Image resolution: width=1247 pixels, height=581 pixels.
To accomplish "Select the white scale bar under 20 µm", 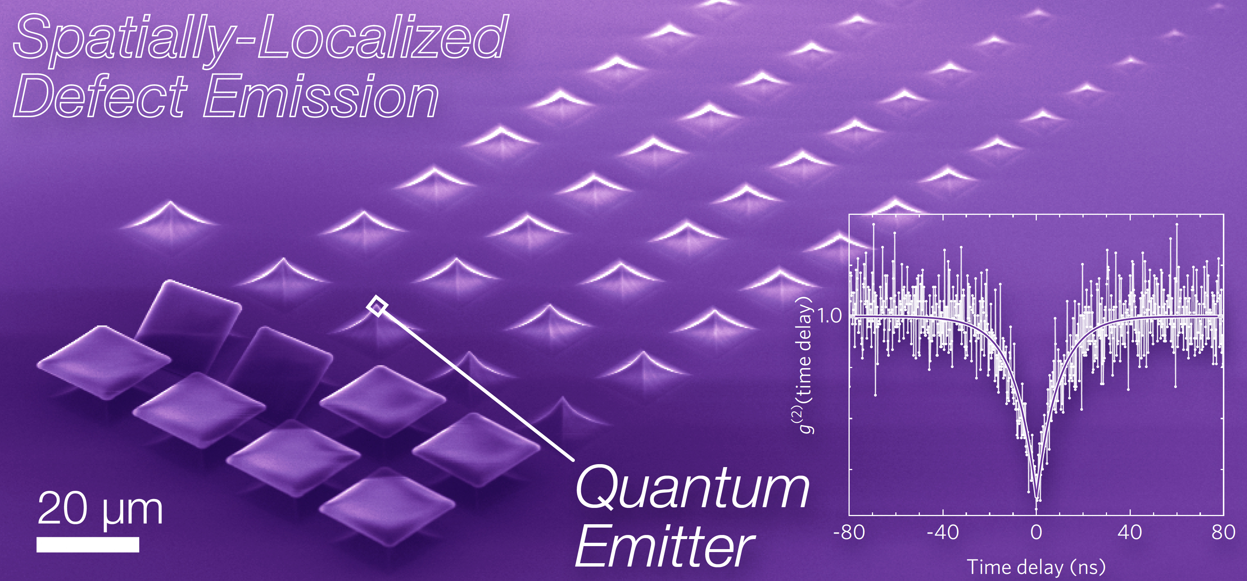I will click(x=88, y=544).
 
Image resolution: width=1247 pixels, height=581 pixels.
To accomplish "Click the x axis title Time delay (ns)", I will click(x=1036, y=567).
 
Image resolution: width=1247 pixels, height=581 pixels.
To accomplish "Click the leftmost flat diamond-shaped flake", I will click(x=104, y=362).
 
